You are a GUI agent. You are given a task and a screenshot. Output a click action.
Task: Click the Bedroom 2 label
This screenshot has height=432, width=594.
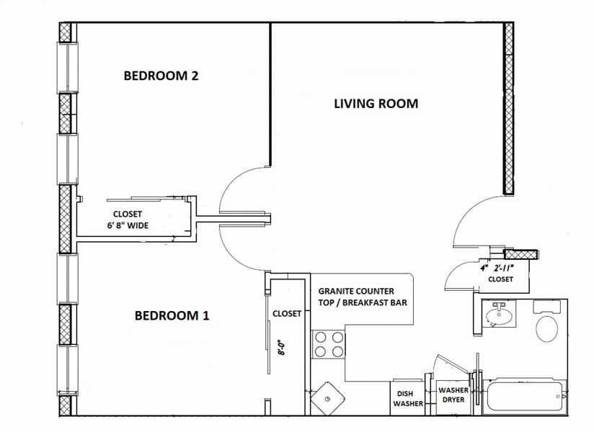(x=161, y=76)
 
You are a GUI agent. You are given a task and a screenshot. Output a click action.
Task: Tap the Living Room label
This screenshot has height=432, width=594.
(x=376, y=104)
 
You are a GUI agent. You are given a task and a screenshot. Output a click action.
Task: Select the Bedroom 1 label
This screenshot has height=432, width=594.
(x=172, y=315)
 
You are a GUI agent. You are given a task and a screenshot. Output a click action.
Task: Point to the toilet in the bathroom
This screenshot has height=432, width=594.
(x=546, y=328)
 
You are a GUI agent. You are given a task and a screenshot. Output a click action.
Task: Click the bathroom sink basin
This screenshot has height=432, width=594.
(x=499, y=315)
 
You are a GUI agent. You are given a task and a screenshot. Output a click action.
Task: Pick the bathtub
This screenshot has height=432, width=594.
(x=524, y=396)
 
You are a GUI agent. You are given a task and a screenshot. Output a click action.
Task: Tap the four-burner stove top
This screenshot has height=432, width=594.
(x=329, y=344)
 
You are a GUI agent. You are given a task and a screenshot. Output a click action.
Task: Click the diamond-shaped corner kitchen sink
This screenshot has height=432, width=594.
(x=327, y=399)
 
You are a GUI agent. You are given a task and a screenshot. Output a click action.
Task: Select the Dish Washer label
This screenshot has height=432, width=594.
(x=408, y=399)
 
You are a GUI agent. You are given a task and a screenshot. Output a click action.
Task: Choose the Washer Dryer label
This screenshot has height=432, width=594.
(x=453, y=395)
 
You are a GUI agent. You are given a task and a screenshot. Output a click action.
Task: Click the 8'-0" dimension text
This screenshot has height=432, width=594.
(x=281, y=347)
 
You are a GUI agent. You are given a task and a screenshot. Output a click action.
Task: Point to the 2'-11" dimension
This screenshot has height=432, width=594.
(x=504, y=269)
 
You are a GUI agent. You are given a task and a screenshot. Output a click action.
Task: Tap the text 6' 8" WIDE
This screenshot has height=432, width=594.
(x=128, y=226)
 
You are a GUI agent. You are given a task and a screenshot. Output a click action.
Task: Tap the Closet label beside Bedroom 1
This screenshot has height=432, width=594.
(x=287, y=314)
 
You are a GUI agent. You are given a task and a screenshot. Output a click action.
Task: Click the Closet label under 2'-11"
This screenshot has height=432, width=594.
(x=500, y=279)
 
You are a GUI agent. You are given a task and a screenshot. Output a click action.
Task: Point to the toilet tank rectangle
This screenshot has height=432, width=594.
(x=546, y=307)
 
